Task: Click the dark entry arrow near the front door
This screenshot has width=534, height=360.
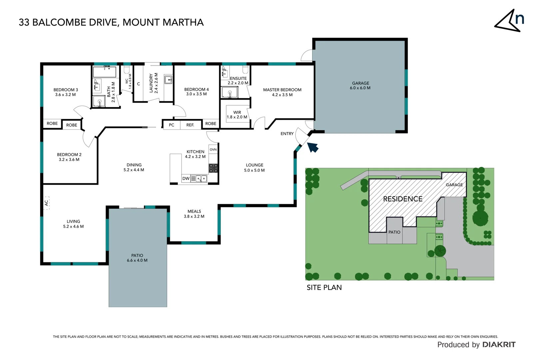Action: pos(312,147)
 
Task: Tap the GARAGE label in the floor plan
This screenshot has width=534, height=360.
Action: pos(360,85)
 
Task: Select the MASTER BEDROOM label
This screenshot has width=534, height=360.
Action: pos(282,92)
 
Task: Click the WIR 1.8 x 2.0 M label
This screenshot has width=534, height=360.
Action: pos(237,115)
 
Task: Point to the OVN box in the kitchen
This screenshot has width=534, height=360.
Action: pos(213,149)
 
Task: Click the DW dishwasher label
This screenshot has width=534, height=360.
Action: pos(186,178)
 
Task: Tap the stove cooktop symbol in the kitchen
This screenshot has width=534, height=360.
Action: pos(213,168)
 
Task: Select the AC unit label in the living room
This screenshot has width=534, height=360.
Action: pos(47,202)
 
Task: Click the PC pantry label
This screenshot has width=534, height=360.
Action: pos(171,125)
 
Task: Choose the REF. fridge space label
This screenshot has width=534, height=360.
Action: pos(190,125)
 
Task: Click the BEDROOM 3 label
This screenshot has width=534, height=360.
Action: pos(66,92)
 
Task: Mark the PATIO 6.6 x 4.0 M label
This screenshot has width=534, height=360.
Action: pos(137,258)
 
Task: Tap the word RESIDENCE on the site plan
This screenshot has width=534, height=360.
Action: pos(402,199)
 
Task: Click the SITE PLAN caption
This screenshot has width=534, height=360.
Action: pos(324,287)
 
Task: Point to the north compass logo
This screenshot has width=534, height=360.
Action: pos(509,21)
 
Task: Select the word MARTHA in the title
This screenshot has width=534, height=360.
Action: pos(183,22)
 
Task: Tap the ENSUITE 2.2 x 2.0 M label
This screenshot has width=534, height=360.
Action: pos(238,81)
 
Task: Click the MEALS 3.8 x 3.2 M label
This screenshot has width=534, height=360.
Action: pos(194,214)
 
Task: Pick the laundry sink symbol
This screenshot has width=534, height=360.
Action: pos(168,79)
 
